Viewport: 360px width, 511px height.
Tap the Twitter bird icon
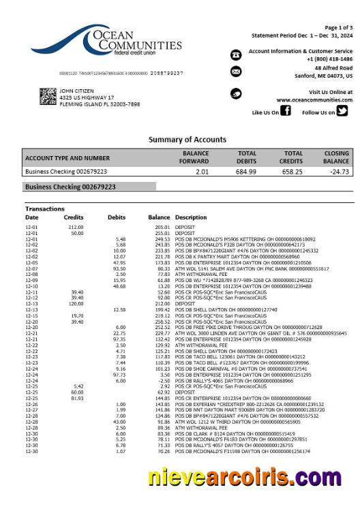[x=342, y=112]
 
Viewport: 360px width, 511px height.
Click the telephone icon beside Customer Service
[x=236, y=55]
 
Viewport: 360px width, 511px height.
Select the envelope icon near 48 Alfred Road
[x=236, y=72]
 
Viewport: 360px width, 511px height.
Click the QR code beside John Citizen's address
[x=47, y=97]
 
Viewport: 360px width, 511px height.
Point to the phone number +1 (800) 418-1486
[x=329, y=59]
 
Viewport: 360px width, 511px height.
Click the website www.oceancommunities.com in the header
[x=314, y=99]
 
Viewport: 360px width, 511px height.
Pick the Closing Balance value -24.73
[x=339, y=172]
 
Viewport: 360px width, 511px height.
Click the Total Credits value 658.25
[x=292, y=172]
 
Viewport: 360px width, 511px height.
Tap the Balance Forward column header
[x=195, y=157]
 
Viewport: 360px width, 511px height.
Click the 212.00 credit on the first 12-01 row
[x=75, y=226]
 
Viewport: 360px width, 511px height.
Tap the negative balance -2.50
[x=162, y=381]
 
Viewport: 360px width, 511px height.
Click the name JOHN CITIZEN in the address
[x=76, y=91]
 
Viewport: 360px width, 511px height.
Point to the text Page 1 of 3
[x=338, y=27]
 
